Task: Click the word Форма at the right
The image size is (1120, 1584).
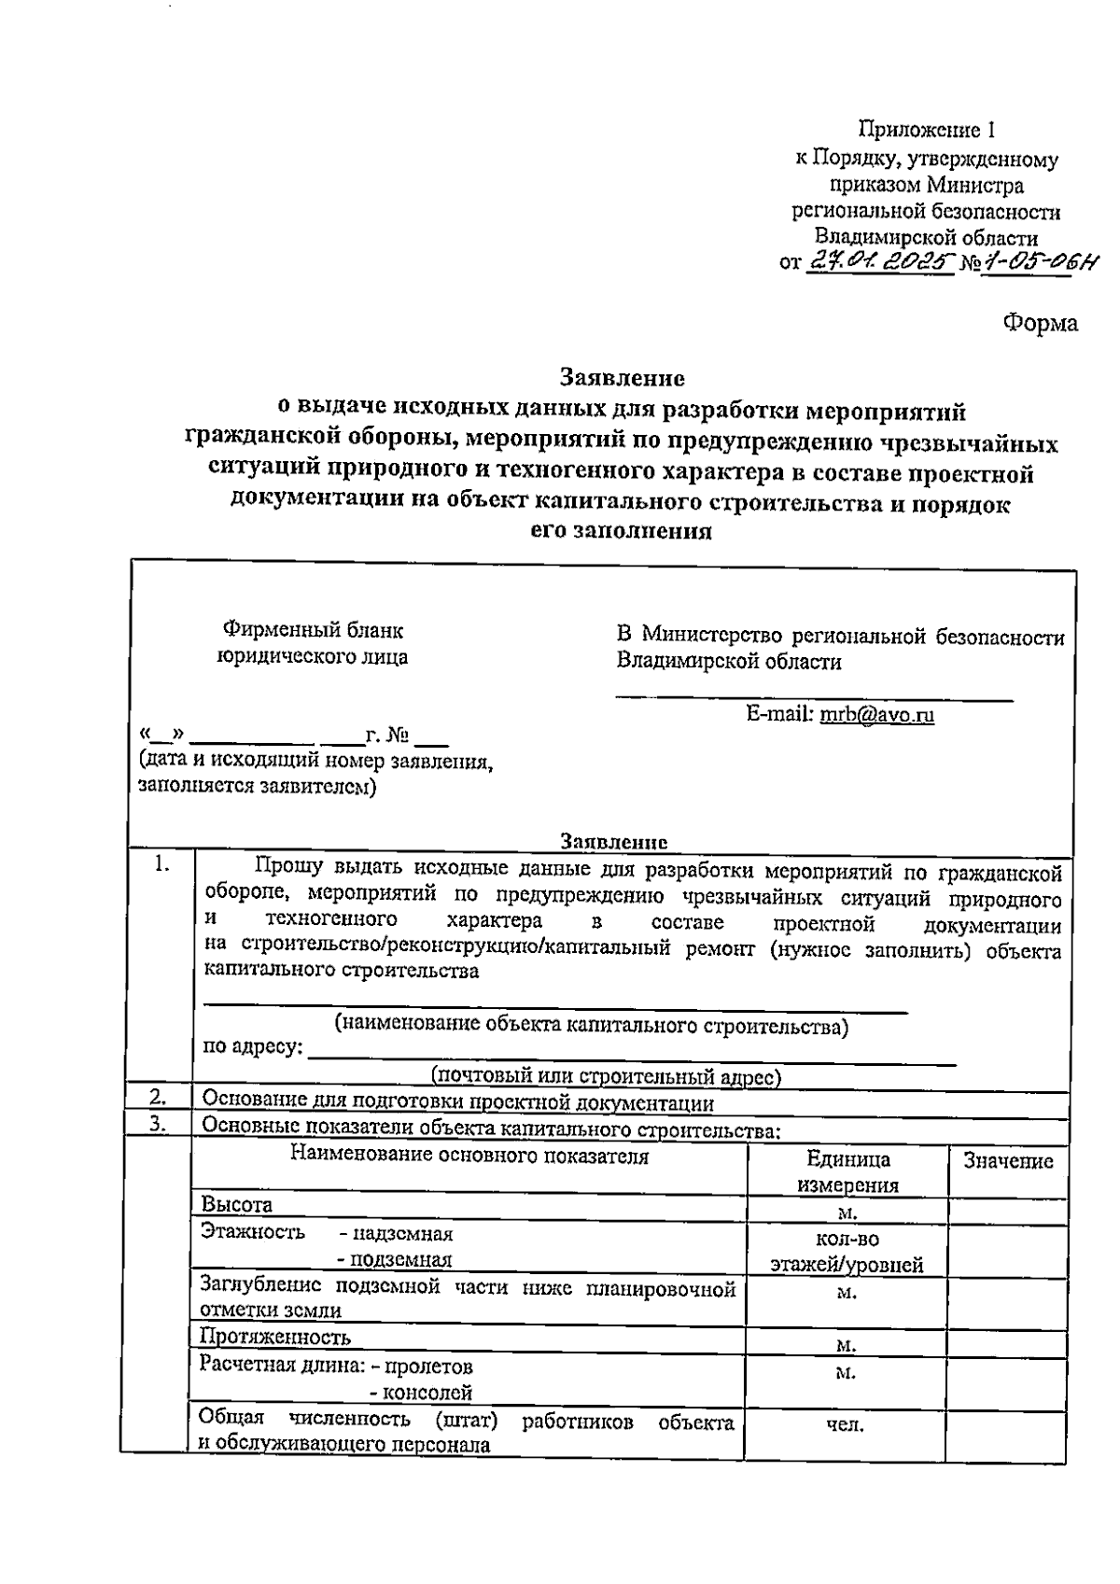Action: pyautogui.click(x=1040, y=323)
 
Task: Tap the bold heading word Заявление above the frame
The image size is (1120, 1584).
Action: pyautogui.click(x=622, y=377)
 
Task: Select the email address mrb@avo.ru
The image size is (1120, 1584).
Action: pyautogui.click(x=876, y=715)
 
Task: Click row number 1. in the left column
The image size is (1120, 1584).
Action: pyautogui.click(x=162, y=865)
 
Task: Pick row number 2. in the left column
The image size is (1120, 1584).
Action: pyautogui.click(x=159, y=1097)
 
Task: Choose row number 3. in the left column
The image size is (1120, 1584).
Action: pyautogui.click(x=159, y=1125)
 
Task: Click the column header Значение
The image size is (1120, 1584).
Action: pyautogui.click(x=1008, y=1160)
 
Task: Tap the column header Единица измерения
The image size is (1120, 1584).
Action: pyautogui.click(x=847, y=1172)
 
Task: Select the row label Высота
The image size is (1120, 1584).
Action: pyautogui.click(x=237, y=1205)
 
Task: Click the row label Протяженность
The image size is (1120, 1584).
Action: pyautogui.click(x=275, y=1337)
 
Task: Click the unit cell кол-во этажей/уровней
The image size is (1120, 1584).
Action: pyautogui.click(x=847, y=1252)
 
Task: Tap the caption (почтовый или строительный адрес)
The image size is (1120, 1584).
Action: pyautogui.click(x=606, y=1076)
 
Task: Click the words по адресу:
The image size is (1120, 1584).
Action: pyautogui.click(x=253, y=1046)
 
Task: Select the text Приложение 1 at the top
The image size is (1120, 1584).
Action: pyautogui.click(x=932, y=131)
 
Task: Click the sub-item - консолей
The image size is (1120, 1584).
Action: pyautogui.click(x=421, y=1394)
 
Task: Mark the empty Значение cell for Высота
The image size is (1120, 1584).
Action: pyautogui.click(x=1008, y=1212)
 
